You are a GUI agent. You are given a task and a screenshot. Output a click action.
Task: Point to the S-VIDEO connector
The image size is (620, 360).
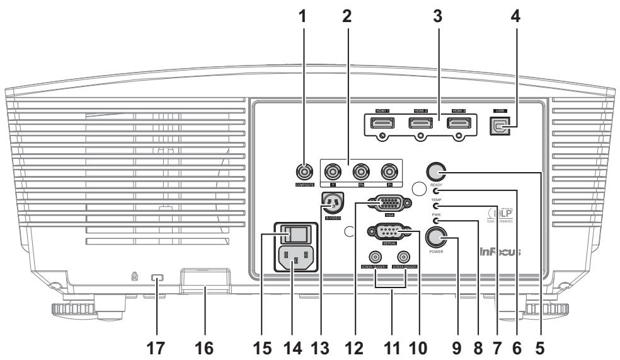pyautogui.click(x=331, y=202)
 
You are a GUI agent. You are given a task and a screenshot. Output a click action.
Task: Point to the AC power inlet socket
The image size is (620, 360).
pyautogui.click(x=294, y=258)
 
